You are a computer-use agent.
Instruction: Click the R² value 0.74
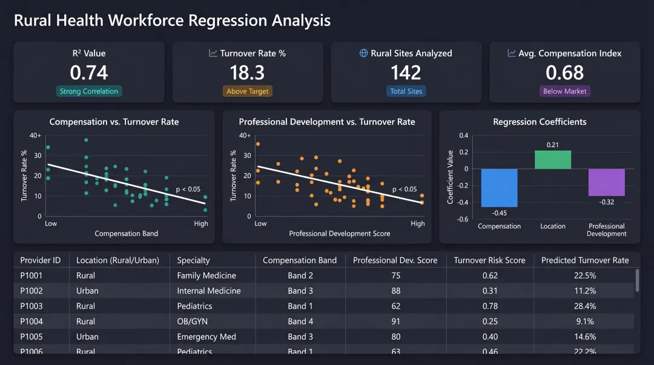click(x=89, y=73)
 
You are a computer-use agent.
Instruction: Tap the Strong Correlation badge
click(x=89, y=91)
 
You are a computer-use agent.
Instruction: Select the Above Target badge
click(x=247, y=91)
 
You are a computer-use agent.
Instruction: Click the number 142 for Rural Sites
click(x=406, y=73)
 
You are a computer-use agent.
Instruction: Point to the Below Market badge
click(x=564, y=91)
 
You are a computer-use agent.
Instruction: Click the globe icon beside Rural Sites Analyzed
click(x=364, y=53)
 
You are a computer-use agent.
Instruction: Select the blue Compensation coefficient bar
click(x=499, y=188)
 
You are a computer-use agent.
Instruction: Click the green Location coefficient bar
click(x=552, y=160)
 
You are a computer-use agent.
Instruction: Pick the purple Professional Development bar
click(x=606, y=182)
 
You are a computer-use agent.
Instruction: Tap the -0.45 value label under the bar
click(x=499, y=213)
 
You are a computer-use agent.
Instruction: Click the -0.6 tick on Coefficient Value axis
click(x=463, y=219)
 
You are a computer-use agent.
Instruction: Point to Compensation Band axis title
click(x=126, y=234)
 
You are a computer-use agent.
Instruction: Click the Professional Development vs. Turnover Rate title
click(x=326, y=122)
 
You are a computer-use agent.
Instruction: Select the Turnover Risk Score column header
click(x=489, y=260)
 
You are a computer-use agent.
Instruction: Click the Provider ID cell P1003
click(x=31, y=306)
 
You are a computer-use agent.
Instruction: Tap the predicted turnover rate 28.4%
click(x=585, y=306)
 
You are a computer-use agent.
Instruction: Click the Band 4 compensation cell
click(x=300, y=321)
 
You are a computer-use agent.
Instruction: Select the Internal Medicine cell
click(x=208, y=291)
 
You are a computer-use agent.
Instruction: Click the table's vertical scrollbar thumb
click(x=637, y=280)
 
